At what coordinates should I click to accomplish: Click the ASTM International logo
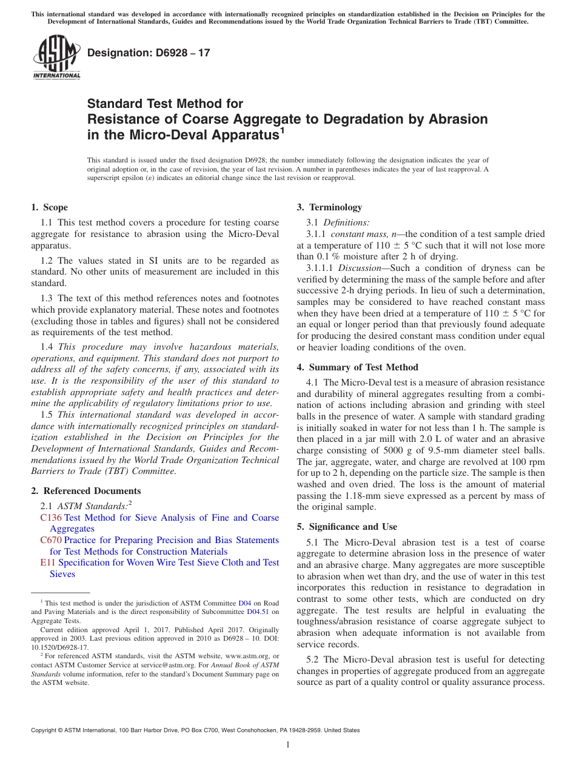pyautogui.click(x=56, y=58)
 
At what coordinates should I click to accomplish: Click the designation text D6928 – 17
pyautogui.click(x=149, y=53)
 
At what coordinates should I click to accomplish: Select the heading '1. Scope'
pyautogui.click(x=49, y=207)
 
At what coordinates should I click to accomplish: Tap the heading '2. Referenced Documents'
pyautogui.click(x=85, y=491)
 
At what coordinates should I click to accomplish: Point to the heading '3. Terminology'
pyautogui.click(x=329, y=207)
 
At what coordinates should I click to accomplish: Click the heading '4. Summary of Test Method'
pyautogui.click(x=357, y=367)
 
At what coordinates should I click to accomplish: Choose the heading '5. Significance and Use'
pyautogui.click(x=347, y=527)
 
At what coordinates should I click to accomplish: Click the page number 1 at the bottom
pyautogui.click(x=288, y=745)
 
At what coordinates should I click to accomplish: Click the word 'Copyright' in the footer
pyautogui.click(x=45, y=730)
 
